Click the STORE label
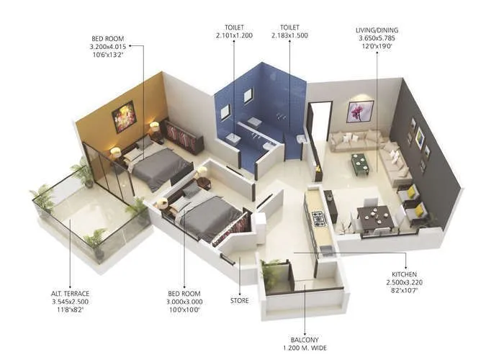click(240, 300)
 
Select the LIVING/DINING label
click(377, 30)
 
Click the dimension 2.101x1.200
click(235, 35)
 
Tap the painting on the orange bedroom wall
click(124, 116)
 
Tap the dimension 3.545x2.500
click(71, 302)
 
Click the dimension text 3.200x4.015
click(108, 47)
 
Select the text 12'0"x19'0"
click(377, 47)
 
